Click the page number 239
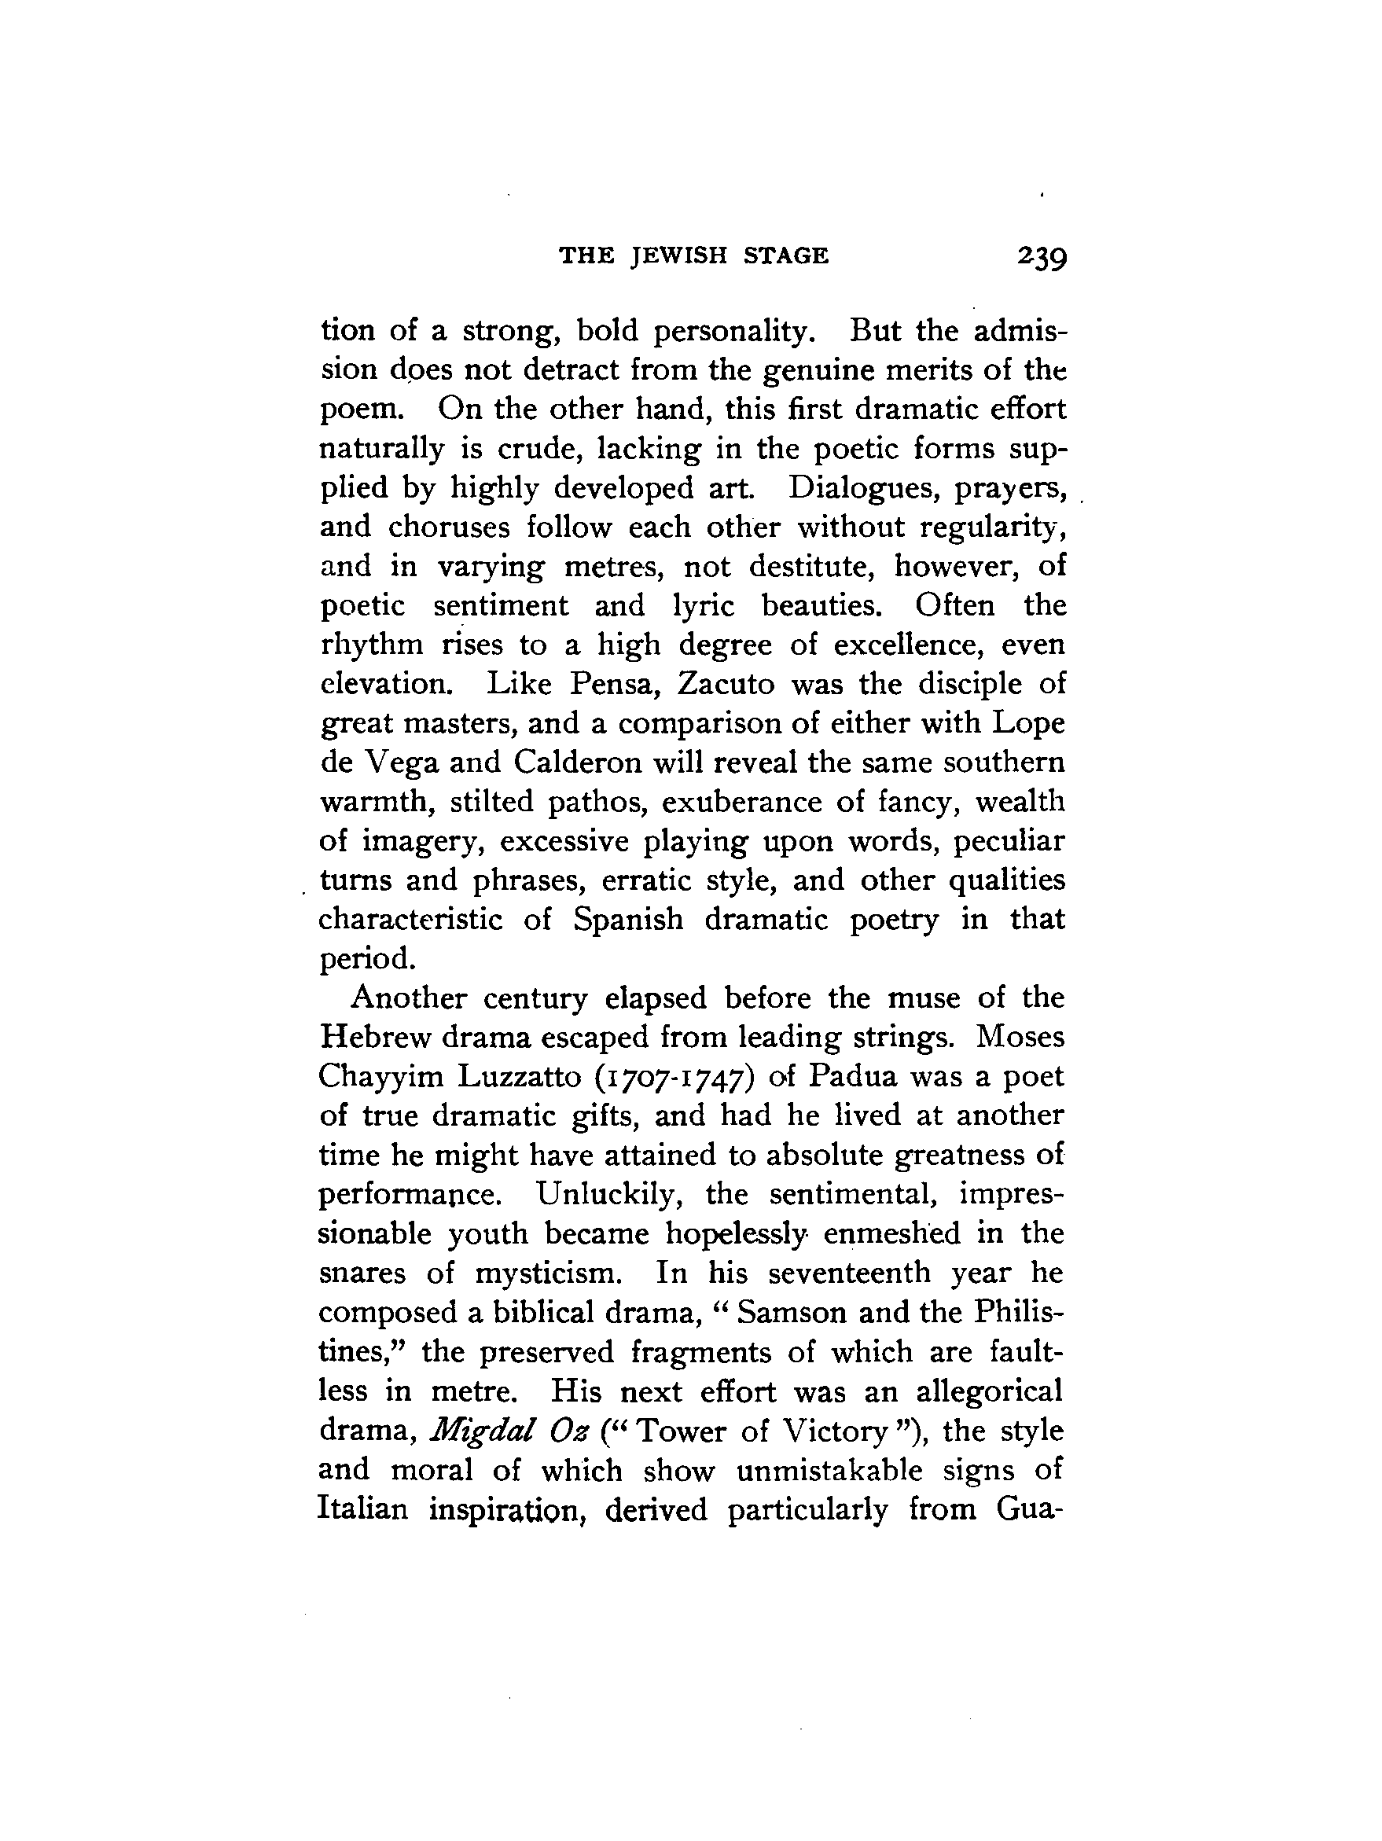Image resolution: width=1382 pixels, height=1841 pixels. (x=1041, y=257)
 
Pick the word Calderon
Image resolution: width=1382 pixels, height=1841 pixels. (x=575, y=762)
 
